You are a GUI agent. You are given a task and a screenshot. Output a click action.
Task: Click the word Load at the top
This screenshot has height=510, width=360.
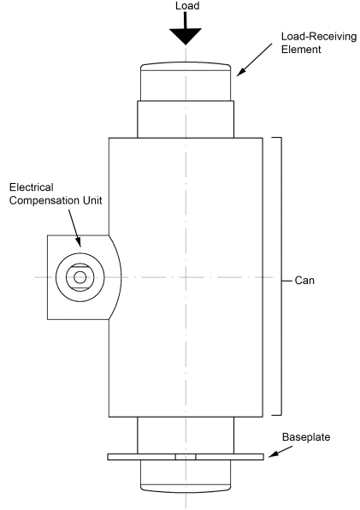(186, 6)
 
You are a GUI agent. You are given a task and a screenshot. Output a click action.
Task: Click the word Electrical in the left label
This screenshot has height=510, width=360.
(32, 187)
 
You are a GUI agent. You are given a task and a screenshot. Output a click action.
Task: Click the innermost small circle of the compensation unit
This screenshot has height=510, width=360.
(80, 277)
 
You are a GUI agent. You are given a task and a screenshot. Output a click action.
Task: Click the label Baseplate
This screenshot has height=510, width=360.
(305, 437)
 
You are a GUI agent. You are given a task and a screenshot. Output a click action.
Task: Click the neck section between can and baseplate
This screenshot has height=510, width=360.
(186, 434)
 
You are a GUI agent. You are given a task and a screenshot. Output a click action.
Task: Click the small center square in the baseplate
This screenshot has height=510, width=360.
(186, 457)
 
